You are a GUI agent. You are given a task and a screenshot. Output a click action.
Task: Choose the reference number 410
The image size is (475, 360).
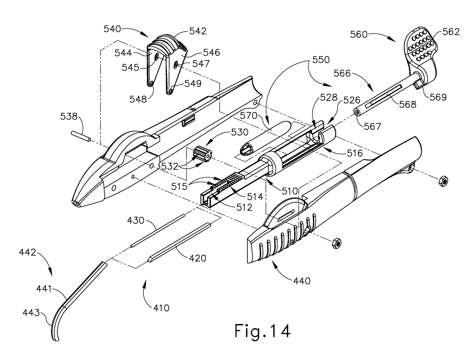tap(160, 307)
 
